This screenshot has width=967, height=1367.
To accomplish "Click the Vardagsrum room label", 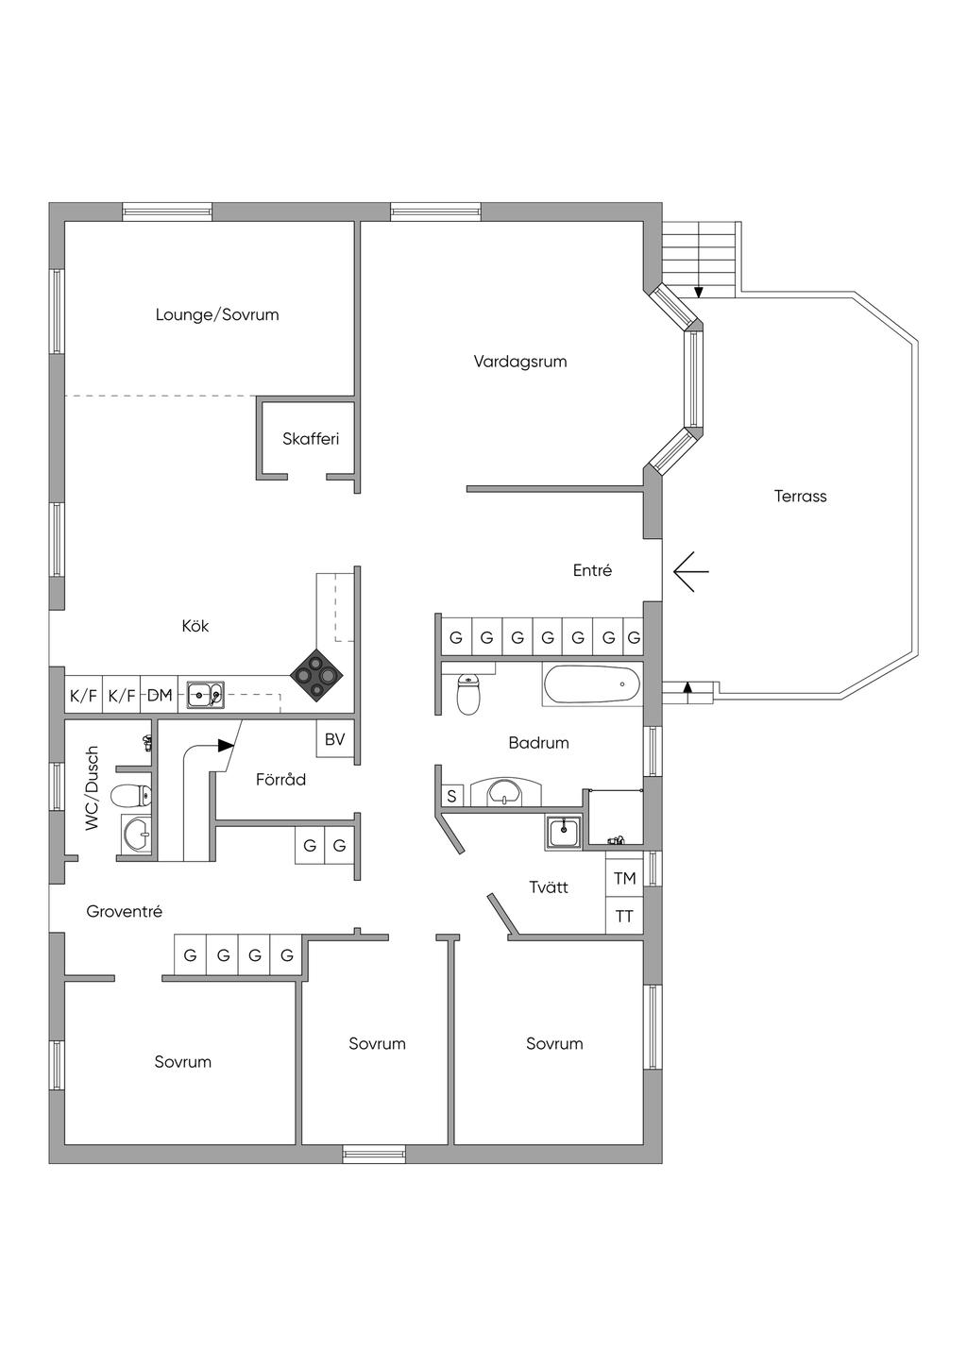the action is tap(520, 362).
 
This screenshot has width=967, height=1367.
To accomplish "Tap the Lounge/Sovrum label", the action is tap(217, 315).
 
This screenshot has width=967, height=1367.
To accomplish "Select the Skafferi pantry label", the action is tap(311, 439).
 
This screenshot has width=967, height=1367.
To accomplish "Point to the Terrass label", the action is tap(801, 497).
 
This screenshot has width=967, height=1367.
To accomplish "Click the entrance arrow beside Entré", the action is tap(691, 572).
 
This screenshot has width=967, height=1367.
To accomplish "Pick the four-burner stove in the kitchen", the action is tap(316, 676).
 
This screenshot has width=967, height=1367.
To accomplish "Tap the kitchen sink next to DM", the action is tap(205, 695).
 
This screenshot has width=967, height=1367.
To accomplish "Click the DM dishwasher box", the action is tap(160, 695).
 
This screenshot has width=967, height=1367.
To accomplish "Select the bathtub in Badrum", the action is tap(591, 684).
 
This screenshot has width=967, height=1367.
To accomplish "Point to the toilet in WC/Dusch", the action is tap(131, 796).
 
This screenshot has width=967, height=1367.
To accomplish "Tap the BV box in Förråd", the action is tap(334, 739).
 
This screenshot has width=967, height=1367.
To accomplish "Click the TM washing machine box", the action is tap(624, 878).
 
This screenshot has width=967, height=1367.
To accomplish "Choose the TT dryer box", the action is tap(624, 916).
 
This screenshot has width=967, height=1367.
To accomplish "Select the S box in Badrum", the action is tap(451, 796).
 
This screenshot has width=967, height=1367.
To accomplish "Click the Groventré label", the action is tap(124, 912).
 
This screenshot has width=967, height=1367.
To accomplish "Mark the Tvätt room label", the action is tap(549, 886).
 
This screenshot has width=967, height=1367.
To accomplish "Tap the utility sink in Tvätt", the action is tap(564, 834).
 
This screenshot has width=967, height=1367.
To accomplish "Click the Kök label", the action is tap(195, 626).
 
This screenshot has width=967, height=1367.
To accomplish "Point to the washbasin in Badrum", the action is tap(504, 793).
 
